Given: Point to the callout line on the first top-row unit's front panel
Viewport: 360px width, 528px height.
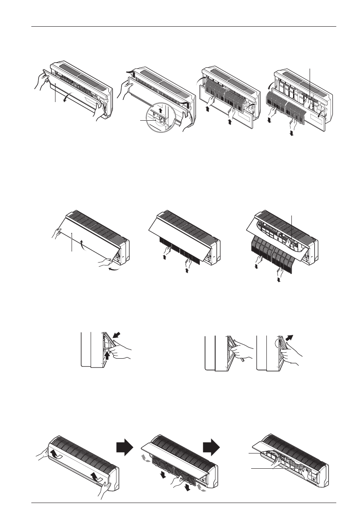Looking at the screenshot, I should pos(55,93).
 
